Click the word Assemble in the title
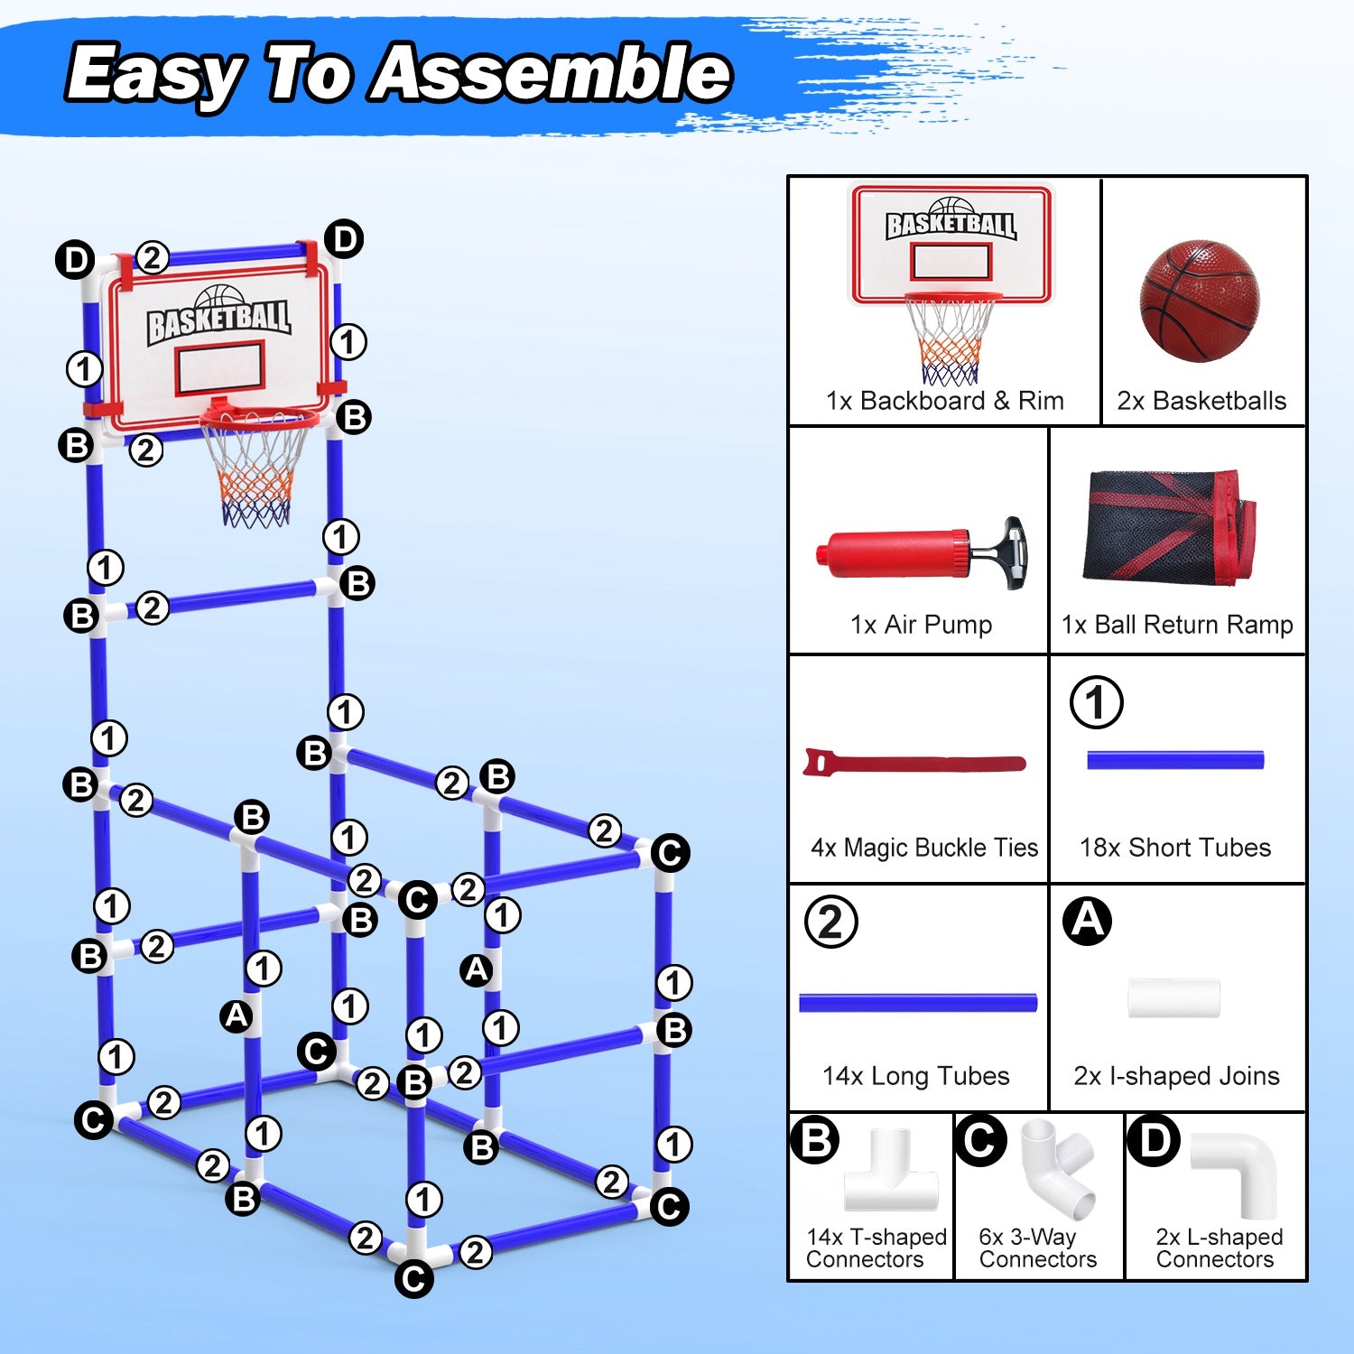pyautogui.click(x=552, y=74)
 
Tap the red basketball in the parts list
pyautogui.click(x=1200, y=301)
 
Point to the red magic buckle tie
pyautogui.click(x=913, y=764)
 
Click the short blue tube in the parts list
pyautogui.click(x=1175, y=760)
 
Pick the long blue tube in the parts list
pyautogui.click(x=918, y=1002)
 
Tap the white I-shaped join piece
pyautogui.click(x=1173, y=998)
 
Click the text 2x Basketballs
pyautogui.click(x=1201, y=401)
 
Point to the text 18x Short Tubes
pyautogui.click(x=1175, y=848)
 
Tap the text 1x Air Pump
pyautogui.click(x=921, y=625)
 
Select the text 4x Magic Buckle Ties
pyautogui.click(x=924, y=848)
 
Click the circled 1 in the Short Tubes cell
pyautogui.click(x=1097, y=702)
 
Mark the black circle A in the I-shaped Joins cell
pyautogui.click(x=1087, y=921)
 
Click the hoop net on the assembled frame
pyautogui.click(x=256, y=474)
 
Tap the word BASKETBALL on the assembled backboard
pyautogui.click(x=218, y=319)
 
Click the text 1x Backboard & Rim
pyautogui.click(x=944, y=401)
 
